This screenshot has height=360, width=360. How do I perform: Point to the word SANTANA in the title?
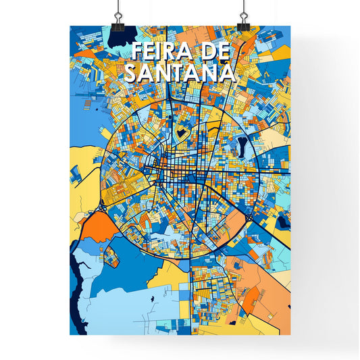[x=180, y=72]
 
